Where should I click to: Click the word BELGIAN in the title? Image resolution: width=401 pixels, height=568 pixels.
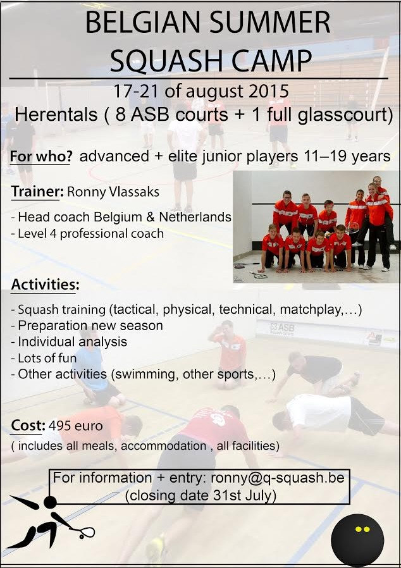click(x=143, y=22)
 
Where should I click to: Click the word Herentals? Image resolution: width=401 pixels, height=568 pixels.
click(x=56, y=114)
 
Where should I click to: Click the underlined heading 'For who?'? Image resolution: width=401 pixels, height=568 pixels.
click(x=40, y=156)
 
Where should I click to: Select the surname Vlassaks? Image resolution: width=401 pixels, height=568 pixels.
click(x=134, y=192)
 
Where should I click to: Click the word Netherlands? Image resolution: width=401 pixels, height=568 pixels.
click(x=195, y=216)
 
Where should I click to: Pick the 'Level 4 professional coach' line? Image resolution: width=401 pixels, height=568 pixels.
click(x=87, y=233)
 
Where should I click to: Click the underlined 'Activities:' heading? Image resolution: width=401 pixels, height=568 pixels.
click(x=45, y=285)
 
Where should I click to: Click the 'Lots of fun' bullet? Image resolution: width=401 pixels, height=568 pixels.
click(x=44, y=358)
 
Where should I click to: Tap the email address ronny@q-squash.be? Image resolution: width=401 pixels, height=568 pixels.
click(x=278, y=478)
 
